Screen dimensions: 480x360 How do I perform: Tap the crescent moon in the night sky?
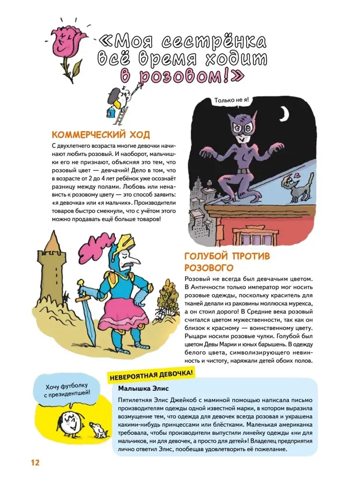pos(284,113)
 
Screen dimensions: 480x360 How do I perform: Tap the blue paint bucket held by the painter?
pos(110,113)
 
